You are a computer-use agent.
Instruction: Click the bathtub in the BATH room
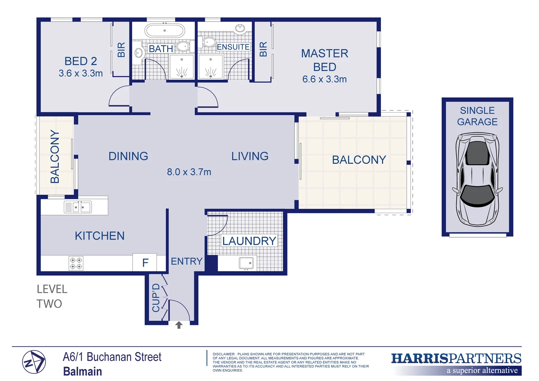[165, 31]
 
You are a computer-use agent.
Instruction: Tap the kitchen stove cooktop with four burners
[76, 263]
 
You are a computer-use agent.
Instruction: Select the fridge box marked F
[145, 262]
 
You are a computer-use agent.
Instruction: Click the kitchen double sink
[78, 207]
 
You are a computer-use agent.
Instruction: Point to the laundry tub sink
[246, 263]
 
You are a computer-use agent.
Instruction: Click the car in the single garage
[478, 179]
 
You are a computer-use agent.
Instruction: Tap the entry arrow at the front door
[179, 325]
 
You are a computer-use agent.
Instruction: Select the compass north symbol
[34, 362]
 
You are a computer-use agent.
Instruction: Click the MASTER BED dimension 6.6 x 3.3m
[324, 79]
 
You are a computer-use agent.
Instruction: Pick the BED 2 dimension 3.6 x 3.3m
[80, 73]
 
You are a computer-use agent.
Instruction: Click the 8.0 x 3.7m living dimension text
[189, 172]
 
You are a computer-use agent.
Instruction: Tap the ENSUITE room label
[233, 47]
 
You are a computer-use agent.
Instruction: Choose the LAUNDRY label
[249, 241]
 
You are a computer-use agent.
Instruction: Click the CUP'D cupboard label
[156, 298]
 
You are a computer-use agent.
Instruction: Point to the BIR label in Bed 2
[121, 50]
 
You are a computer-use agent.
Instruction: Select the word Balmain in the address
[83, 371]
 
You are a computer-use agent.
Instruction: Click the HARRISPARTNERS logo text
[456, 359]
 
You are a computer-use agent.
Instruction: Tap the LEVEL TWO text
[52, 296]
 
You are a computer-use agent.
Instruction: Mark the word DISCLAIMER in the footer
[224, 354]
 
